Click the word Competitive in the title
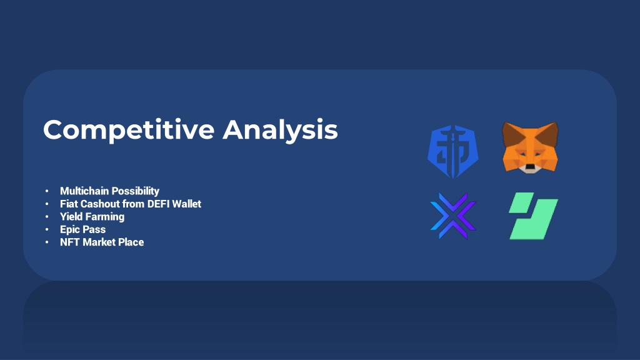coord(129,130)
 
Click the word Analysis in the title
coord(281,130)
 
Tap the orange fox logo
coord(530,147)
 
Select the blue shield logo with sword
coord(453,151)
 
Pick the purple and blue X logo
coord(453,216)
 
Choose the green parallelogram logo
coord(534,216)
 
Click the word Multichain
coord(84,191)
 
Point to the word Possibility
coord(135,191)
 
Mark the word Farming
coord(104,217)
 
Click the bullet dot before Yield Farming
coord(47,217)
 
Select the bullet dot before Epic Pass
coord(47,229)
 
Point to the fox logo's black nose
coord(530,166)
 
